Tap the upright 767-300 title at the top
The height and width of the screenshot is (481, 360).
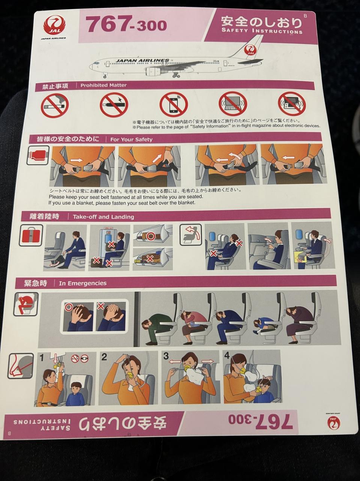coord(126,24)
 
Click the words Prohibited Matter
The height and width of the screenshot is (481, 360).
coord(104,85)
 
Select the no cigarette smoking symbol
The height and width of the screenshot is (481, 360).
coord(55,105)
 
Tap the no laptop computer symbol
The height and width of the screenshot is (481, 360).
coord(233,104)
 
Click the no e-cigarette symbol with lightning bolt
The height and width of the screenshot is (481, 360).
coord(114,104)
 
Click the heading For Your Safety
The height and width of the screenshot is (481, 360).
coord(131,139)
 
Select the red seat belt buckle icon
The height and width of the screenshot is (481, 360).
coord(38,155)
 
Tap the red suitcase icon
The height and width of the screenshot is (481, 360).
coord(31,235)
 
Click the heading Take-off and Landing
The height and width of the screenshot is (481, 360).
coord(103,217)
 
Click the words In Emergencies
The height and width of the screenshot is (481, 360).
coord(83,283)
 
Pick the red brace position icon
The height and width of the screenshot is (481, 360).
coord(26,304)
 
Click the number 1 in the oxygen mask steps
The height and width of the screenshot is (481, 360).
coord(42,358)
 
